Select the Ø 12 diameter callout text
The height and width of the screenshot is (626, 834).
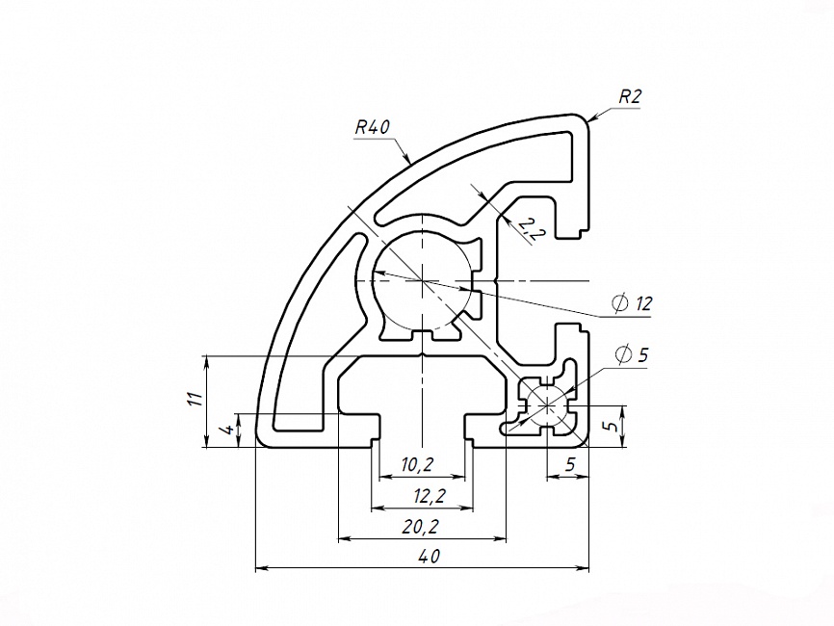click(632, 304)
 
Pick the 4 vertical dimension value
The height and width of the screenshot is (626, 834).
click(225, 430)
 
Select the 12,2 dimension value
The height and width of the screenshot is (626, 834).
click(423, 496)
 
